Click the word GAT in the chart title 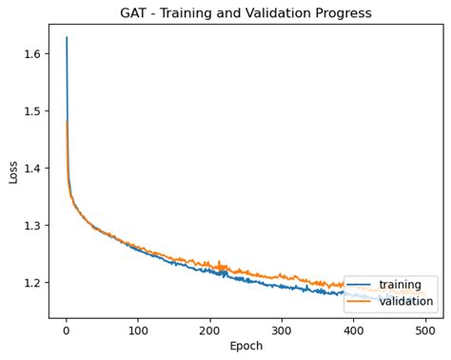point(135,13)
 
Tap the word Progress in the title point(339,13)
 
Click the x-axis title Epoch point(245,346)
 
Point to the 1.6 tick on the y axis point(32,54)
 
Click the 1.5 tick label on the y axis point(32,111)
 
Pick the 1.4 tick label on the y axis point(32,169)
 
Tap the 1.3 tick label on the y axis point(32,226)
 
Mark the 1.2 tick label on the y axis point(32,283)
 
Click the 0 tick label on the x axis point(66,330)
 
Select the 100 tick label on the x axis point(137,330)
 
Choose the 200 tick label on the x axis point(209,330)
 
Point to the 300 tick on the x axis point(281,330)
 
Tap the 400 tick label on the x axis point(353,330)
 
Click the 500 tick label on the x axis point(424,330)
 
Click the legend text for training point(400,285)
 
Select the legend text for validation point(406,302)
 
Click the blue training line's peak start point point(67,38)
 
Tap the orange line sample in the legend point(359,302)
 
